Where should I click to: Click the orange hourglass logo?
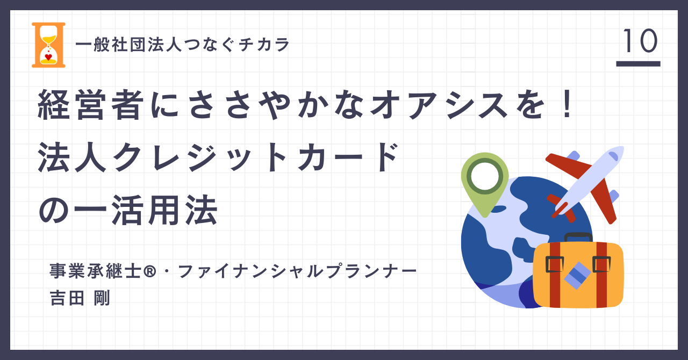tap(48, 45)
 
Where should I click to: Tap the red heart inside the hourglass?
tap(48, 57)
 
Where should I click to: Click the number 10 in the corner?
tap(640, 41)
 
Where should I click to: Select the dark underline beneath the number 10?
tap(638, 63)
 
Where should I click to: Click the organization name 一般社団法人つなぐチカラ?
tap(182, 45)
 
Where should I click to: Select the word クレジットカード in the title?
tap(256, 157)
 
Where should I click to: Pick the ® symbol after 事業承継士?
tap(149, 271)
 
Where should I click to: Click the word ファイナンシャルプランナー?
tap(297, 271)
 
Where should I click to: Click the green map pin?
tap(485, 184)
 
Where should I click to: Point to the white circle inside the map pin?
tap(485, 176)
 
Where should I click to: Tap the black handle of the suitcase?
tap(578, 237)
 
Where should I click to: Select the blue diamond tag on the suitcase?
tap(577, 276)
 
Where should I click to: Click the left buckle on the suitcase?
tap(555, 264)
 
